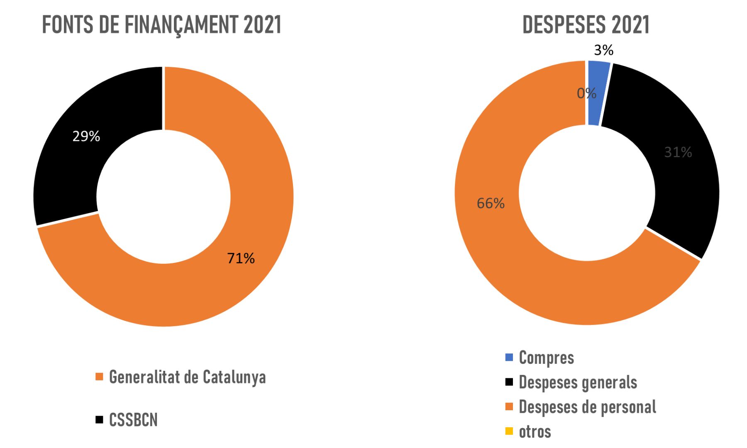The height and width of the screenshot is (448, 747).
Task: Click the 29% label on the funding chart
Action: [86, 136]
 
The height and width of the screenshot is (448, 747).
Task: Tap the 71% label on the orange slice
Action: [241, 258]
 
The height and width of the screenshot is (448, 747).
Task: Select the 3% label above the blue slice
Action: [603, 50]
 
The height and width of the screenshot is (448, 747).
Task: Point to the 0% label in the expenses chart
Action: [586, 93]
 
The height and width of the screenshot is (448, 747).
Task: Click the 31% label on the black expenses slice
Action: [678, 152]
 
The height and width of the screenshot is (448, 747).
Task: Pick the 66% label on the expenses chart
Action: [491, 203]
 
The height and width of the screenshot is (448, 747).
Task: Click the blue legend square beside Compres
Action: [509, 357]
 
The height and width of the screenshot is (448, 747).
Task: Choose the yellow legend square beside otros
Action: [509, 431]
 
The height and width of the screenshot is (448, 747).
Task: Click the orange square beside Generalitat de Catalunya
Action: [99, 377]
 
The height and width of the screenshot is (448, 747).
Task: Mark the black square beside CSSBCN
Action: [99, 420]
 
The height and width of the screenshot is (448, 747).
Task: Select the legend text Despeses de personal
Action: [587, 407]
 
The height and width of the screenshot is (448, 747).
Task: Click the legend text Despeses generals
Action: [578, 382]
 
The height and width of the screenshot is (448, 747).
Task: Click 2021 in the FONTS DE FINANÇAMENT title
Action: [262, 25]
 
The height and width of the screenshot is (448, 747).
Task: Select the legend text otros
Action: [535, 431]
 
